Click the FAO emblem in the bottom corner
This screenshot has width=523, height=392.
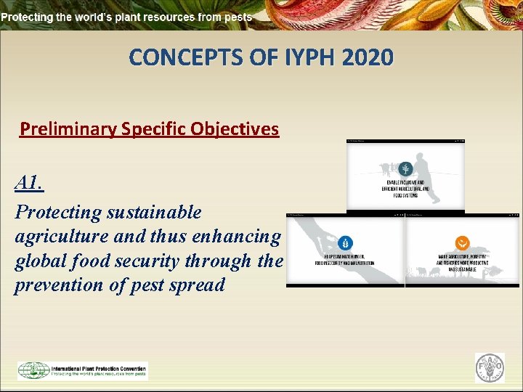(x=489, y=368)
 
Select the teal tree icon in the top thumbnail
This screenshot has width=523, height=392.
(x=405, y=168)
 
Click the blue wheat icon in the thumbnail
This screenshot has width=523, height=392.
(x=345, y=243)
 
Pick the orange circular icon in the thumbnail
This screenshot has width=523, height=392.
(x=462, y=243)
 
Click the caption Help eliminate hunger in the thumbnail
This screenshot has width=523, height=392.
(x=345, y=261)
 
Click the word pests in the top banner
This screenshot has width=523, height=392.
(x=238, y=16)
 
